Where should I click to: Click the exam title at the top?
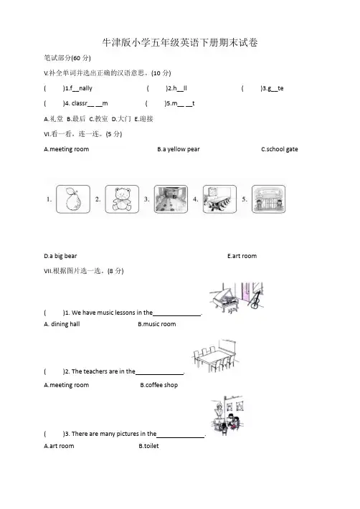[180, 42]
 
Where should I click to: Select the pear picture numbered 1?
[73, 199]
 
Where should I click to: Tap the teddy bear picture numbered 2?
[122, 199]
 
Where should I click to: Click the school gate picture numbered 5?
[268, 199]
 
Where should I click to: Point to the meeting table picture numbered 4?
[219, 199]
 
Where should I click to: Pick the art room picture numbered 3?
[171, 199]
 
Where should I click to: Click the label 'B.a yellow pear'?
[179, 149]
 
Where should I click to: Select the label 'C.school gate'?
[280, 149]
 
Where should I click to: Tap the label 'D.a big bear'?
[60, 256]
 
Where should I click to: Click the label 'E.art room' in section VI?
[242, 256]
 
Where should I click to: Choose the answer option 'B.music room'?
[157, 324]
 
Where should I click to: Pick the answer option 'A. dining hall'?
[62, 324]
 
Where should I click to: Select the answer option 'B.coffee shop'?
[159, 385]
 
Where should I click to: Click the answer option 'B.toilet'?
[148, 446]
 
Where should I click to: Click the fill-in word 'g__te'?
[275, 88]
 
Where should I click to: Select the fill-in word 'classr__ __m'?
[90, 103]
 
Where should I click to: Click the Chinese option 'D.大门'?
[121, 119]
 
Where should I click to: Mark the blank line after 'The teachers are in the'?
[160, 374]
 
